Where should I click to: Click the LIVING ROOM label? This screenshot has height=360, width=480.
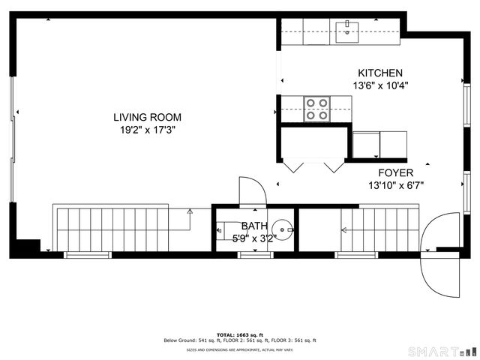[x=147, y=117]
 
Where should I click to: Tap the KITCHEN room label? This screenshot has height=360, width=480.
[x=380, y=73]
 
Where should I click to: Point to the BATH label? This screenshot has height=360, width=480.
[x=253, y=226]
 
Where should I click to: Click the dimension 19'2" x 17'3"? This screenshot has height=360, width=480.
[x=147, y=130]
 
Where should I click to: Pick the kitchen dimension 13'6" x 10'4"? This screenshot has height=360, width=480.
[x=380, y=85]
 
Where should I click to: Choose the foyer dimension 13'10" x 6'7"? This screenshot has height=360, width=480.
[x=396, y=185]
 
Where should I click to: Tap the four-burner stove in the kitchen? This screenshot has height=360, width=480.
[x=317, y=109]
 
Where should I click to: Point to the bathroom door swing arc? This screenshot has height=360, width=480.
[x=251, y=190]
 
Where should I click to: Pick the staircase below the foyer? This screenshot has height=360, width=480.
[x=378, y=229]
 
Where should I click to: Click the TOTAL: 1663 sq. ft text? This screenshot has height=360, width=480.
[x=240, y=334]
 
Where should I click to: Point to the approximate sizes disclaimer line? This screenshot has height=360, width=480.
[x=240, y=349]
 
